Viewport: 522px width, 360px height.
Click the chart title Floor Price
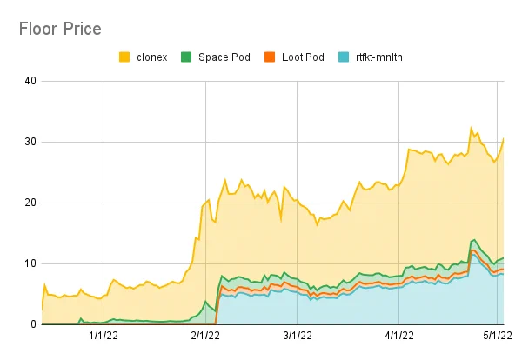coord(60,29)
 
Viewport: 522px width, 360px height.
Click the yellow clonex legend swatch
coord(124,57)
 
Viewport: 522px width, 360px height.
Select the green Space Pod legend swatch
coord(186,57)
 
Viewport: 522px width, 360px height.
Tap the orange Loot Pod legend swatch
coord(270,57)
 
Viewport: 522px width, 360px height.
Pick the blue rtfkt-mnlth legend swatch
coord(344,57)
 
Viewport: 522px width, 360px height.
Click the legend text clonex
coord(151,57)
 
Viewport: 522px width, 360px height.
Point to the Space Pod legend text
coord(224,57)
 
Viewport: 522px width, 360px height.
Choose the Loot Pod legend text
coord(303,57)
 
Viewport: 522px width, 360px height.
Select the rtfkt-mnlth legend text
coord(379,57)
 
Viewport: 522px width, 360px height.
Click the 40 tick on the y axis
coord(30,81)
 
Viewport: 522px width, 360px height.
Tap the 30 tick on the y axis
coord(30,142)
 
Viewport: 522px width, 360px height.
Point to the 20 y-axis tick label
coord(30,203)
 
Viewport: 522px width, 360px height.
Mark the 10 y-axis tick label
coord(30,263)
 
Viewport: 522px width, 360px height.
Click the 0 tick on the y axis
coord(33,324)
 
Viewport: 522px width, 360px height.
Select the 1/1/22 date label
coord(104,336)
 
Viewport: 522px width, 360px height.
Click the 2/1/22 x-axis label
coord(205,336)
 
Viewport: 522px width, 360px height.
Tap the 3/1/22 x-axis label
coord(298,336)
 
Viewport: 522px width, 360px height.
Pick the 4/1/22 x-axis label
coord(399,336)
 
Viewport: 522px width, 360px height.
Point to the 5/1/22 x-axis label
coord(498,336)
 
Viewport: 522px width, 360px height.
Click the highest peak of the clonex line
coord(471,128)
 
